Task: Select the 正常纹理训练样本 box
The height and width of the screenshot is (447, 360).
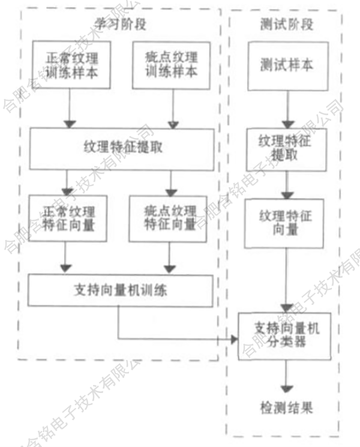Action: coord(71,65)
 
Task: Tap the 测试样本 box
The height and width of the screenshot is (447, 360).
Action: coord(287,64)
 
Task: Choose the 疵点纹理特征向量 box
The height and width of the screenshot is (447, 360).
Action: coord(170,218)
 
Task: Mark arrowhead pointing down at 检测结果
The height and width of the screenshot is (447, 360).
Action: coord(287,387)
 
